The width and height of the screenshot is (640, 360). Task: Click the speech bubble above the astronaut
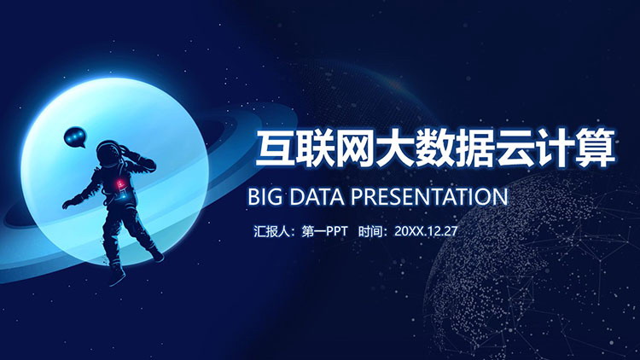[75, 136]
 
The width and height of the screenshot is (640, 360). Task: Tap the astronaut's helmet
[108, 153]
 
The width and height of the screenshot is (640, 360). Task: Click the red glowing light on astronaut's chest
[120, 185]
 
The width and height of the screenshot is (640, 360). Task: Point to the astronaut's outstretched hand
[68, 203]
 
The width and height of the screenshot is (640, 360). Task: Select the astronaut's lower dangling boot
[116, 275]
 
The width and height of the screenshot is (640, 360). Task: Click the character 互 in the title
[275, 148]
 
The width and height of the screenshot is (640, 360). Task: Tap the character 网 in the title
[355, 148]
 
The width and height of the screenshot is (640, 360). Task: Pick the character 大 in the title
[395, 148]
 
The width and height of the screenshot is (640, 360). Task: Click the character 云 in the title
[515, 148]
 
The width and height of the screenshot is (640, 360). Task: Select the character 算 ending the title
[596, 148]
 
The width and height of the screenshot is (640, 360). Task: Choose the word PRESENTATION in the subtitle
[429, 197]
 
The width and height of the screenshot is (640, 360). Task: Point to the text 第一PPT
[324, 231]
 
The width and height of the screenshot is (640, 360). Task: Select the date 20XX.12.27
[426, 231]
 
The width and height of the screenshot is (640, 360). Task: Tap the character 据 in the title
[475, 148]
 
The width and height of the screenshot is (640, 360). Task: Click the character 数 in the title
[435, 148]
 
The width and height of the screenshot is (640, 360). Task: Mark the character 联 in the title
[315, 148]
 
